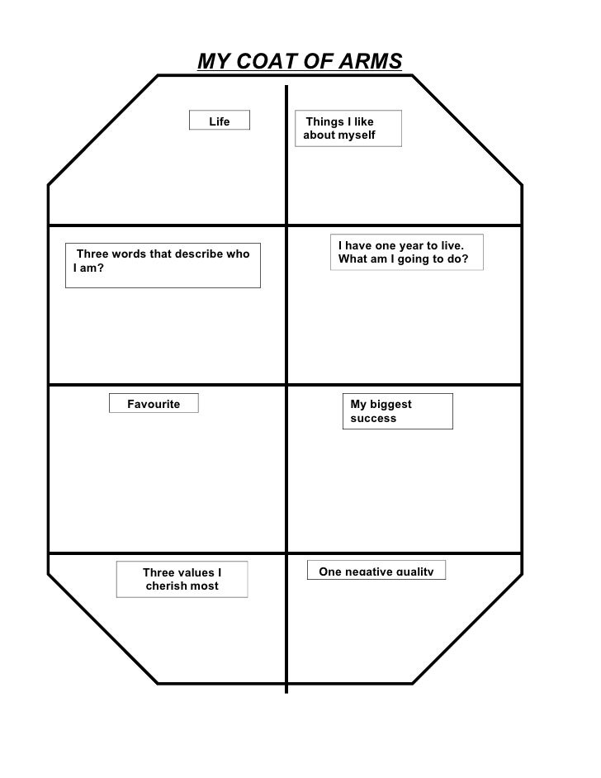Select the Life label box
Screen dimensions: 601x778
pos(219,122)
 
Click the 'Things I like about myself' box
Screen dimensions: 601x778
pos(351,129)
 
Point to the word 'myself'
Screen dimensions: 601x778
pos(357,135)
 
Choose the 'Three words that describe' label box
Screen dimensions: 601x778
pos(163,264)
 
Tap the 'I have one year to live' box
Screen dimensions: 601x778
pos(406,253)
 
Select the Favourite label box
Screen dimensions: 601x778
pos(154,403)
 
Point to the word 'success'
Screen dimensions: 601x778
pos(373,419)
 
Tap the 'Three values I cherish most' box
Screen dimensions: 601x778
pos(182,579)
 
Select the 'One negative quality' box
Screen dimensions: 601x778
pos(376,571)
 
